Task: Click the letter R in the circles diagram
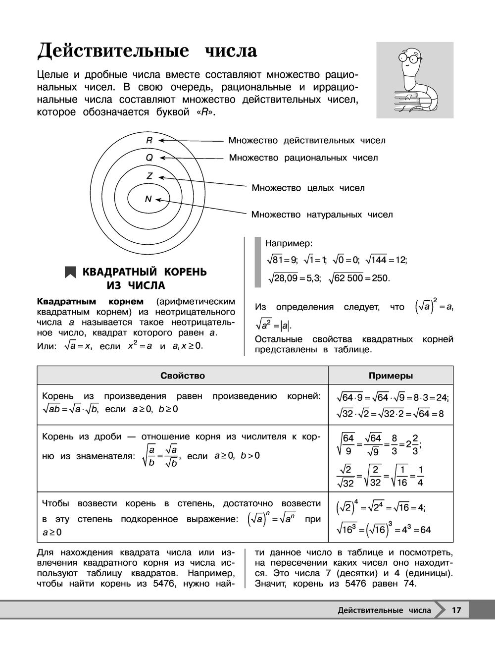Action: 149,140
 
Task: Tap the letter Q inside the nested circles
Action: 149,158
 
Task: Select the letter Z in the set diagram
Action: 149,176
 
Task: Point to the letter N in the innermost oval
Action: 148,199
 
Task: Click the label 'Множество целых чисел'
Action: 308,188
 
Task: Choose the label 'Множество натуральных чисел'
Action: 322,215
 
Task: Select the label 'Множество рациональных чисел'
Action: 303,158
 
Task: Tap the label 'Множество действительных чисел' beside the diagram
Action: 307,140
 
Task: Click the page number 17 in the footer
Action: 456,610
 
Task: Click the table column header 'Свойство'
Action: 183,376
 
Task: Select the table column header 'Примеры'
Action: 391,376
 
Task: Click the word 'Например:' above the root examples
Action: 289,243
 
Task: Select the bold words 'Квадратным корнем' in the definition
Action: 90,301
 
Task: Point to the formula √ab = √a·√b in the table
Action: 71,409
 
